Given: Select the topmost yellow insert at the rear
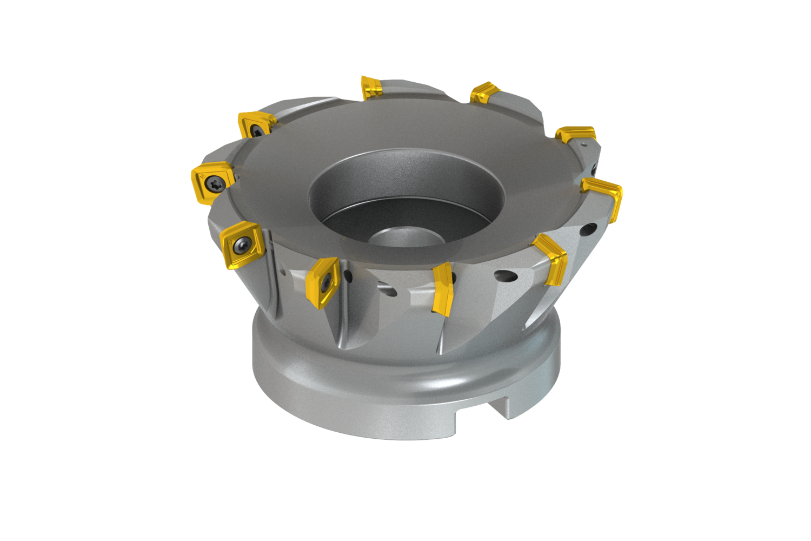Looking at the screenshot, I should [x=371, y=87].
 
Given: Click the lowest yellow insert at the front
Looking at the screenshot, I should [x=443, y=289].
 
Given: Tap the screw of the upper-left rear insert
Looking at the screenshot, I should [x=255, y=129].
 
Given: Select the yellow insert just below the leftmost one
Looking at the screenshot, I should [x=241, y=245].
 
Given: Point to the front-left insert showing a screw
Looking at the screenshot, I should [x=322, y=282].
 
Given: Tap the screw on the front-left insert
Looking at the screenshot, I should [x=327, y=282].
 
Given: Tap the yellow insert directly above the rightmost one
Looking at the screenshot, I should [x=576, y=134].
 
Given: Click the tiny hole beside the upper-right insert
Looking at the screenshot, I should [x=584, y=145].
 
